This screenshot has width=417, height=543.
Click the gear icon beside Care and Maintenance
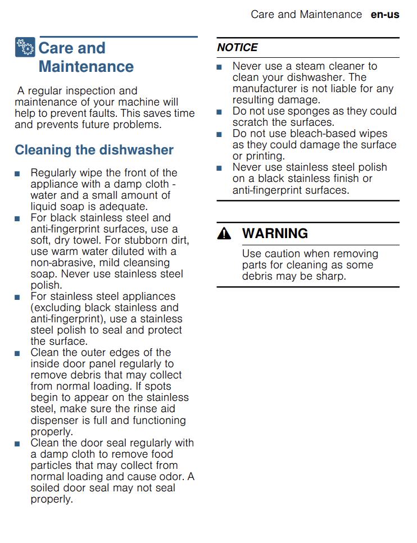pos(25,48)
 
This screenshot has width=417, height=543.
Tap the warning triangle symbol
pos(224,234)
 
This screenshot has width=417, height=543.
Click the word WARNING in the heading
pos(275,234)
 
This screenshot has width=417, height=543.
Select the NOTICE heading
pos(237,48)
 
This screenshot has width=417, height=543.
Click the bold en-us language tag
pos(385,15)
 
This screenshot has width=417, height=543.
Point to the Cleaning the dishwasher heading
pos(94,150)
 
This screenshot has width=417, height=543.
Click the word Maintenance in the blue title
pos(86,67)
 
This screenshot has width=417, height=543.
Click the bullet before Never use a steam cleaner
pos(220,67)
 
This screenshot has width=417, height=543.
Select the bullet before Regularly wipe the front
pos(18,174)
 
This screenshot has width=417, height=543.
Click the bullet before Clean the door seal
pos(18,444)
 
